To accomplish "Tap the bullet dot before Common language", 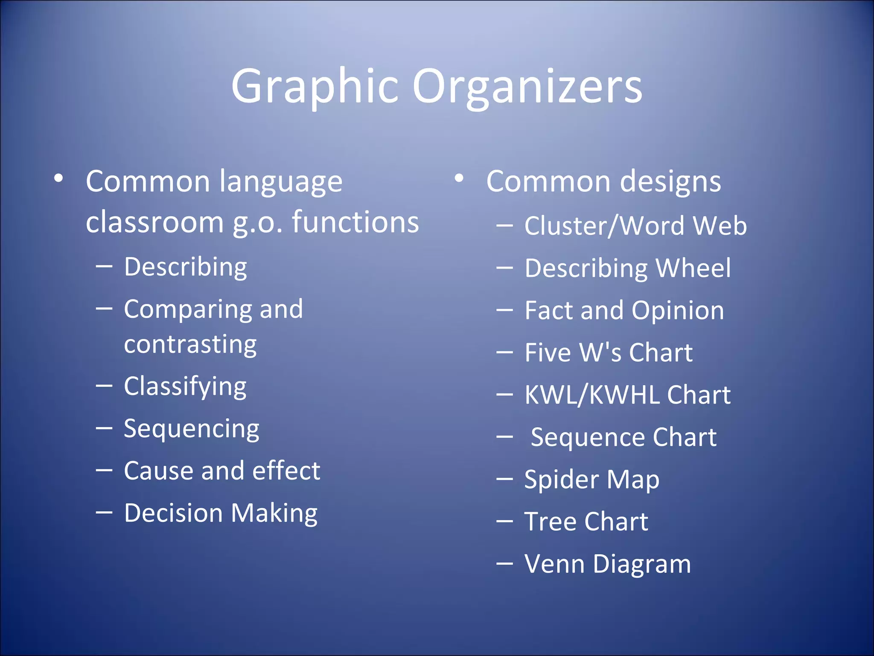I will point(59,178).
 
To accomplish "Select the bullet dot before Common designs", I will point(459,178).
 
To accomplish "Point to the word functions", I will point(355,222).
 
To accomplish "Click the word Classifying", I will point(185,387).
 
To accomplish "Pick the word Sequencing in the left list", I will point(192,429).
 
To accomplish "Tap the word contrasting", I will point(190,344).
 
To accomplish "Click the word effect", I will point(286,471).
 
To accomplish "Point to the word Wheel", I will point(693,268).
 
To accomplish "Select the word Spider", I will point(561,480).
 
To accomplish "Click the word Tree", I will point(550,521).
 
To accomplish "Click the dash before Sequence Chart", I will point(504,437).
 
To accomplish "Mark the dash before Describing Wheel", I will point(504,268).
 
